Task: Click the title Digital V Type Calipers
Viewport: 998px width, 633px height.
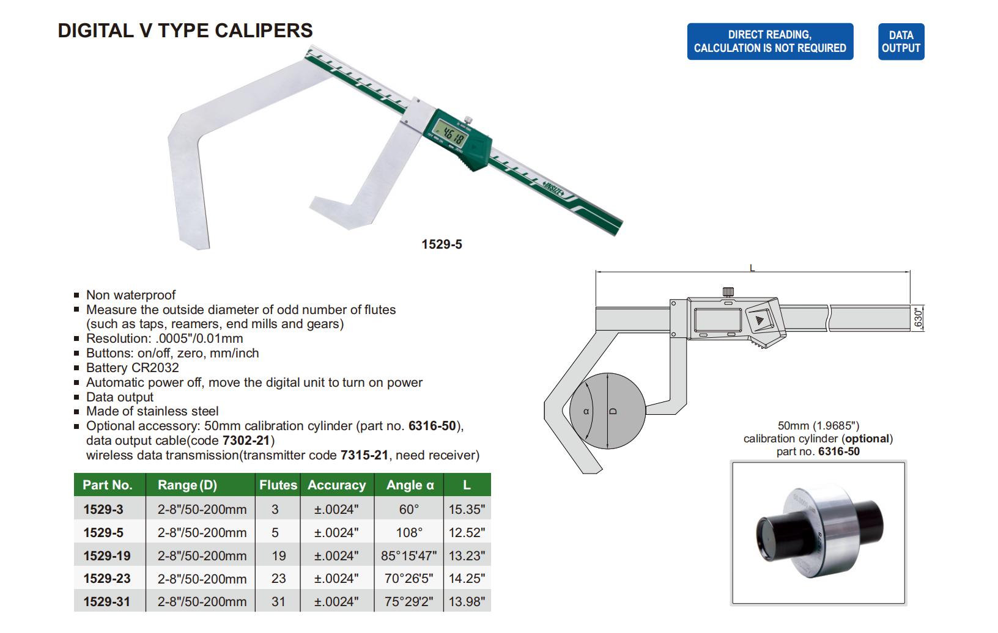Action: pyautogui.click(x=185, y=31)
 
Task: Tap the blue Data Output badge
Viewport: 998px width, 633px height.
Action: pyautogui.click(x=901, y=42)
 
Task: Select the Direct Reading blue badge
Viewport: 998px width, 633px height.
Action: pyautogui.click(x=770, y=42)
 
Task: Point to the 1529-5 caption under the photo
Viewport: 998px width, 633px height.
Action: pyautogui.click(x=442, y=244)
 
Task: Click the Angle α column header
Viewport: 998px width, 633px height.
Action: pyautogui.click(x=410, y=485)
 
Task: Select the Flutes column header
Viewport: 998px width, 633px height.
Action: pyautogui.click(x=278, y=485)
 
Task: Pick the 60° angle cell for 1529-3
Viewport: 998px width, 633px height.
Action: pyautogui.click(x=409, y=509)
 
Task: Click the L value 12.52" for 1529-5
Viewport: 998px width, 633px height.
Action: pyautogui.click(x=467, y=532)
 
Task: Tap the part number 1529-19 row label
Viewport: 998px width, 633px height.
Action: pyautogui.click(x=107, y=555)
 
